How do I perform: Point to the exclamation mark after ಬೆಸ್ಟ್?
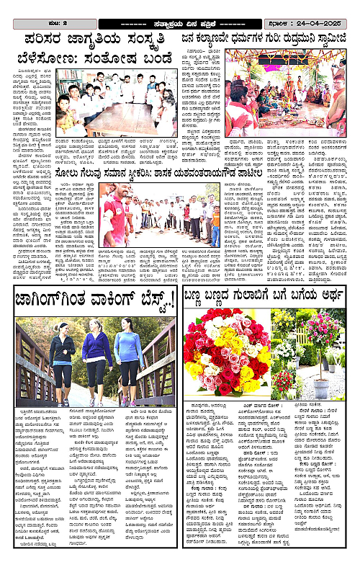pos(169,302)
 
